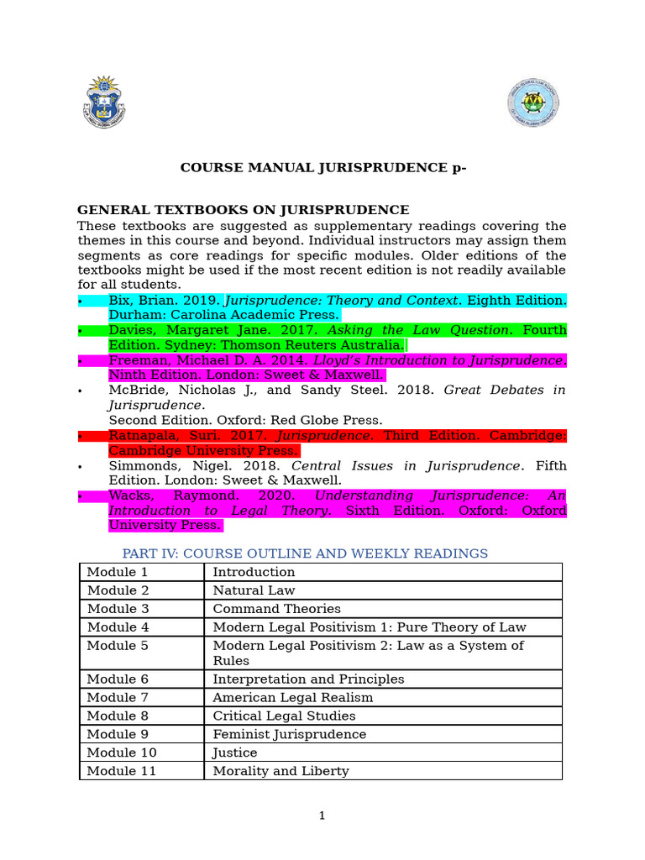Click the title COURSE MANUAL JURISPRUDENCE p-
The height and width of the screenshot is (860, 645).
pos(322,167)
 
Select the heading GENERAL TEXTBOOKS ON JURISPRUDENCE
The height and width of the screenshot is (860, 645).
pos(243,210)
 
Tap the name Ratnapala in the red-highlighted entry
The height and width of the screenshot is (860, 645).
pos(142,436)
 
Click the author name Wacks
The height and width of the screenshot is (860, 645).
pos(128,496)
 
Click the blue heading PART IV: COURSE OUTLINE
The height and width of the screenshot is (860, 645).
pos(305,553)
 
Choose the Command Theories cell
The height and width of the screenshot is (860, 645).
pos(276,609)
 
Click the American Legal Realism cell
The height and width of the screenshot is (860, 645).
pos(292,697)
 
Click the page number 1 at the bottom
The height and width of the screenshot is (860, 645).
pos(322,815)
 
